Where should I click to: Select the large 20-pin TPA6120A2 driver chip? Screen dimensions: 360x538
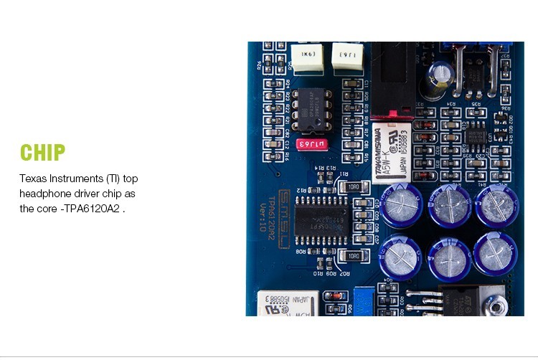tap(326, 213)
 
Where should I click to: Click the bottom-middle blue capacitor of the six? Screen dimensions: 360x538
tap(448, 255)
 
